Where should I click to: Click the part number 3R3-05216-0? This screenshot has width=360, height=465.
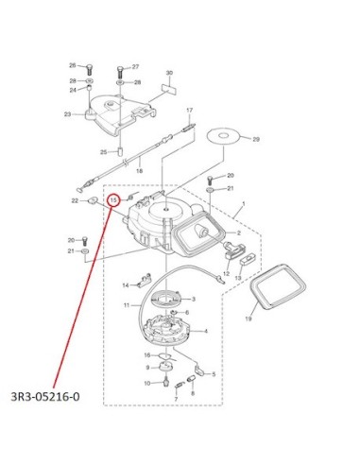pyautogui.click(x=45, y=396)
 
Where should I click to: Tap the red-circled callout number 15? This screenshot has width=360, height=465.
pyautogui.click(x=114, y=200)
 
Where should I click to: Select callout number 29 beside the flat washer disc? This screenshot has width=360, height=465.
pyautogui.click(x=256, y=139)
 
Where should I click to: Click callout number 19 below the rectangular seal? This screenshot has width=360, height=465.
pyautogui.click(x=249, y=319)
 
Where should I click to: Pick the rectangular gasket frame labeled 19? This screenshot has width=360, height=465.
pyautogui.click(x=278, y=286)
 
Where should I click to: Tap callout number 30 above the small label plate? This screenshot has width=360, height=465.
pyautogui.click(x=169, y=73)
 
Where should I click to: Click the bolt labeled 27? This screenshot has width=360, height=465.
pyautogui.click(x=120, y=73)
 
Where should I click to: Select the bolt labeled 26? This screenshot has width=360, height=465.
pyautogui.click(x=90, y=69)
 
